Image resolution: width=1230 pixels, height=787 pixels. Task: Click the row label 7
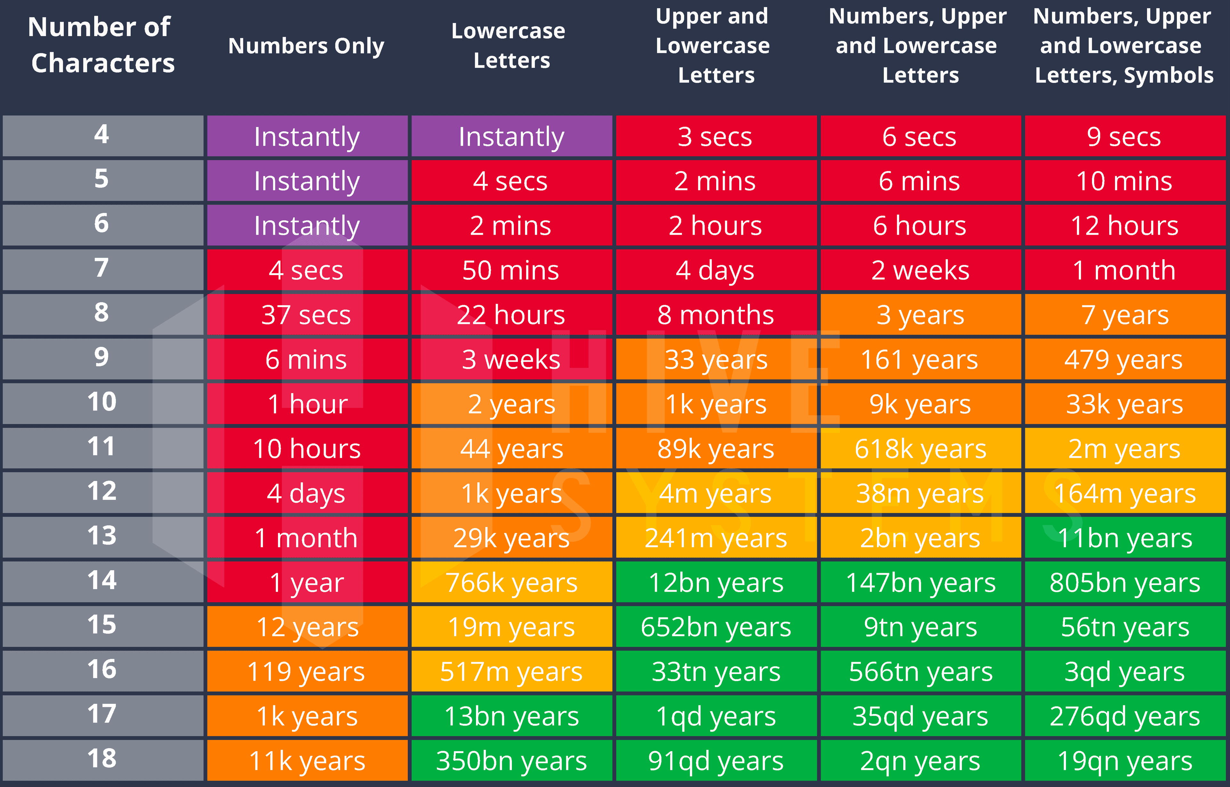[102, 268]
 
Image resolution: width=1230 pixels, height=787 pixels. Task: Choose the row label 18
[102, 759]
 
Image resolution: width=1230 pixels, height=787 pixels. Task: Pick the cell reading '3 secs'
[715, 136]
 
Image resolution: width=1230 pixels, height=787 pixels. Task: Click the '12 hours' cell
[1124, 225]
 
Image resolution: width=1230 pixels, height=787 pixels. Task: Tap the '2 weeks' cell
[920, 270]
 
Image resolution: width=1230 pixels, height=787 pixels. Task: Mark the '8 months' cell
[715, 315]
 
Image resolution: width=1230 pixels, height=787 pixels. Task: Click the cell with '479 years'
[1124, 359]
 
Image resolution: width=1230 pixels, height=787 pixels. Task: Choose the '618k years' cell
[920, 449]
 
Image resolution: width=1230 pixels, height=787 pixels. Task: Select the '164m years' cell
[1124, 493]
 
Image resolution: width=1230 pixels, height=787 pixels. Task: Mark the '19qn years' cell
[1124, 760]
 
